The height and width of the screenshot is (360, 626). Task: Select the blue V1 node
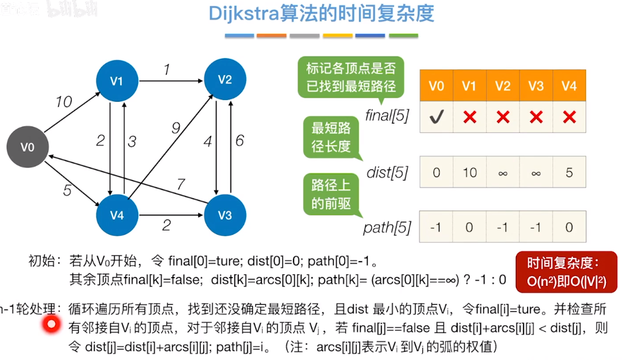click(x=116, y=81)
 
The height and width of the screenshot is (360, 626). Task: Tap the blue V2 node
click(x=225, y=79)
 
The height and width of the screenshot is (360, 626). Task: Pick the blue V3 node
click(x=225, y=215)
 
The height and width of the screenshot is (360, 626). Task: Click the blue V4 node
click(x=116, y=215)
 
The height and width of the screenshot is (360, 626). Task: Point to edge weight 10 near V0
click(x=64, y=102)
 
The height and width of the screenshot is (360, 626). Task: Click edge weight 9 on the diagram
click(x=175, y=126)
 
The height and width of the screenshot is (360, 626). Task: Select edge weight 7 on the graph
click(x=181, y=184)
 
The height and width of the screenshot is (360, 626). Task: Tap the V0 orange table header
click(x=436, y=86)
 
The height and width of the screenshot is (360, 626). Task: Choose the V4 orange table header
click(x=569, y=86)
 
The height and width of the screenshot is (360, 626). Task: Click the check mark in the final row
click(x=436, y=117)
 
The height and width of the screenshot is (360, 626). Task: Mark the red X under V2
click(x=502, y=117)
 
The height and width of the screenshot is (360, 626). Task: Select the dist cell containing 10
click(x=469, y=172)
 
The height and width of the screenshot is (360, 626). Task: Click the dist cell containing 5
click(x=569, y=172)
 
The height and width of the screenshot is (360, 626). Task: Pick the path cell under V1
click(x=469, y=228)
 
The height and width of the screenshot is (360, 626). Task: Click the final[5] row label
click(x=387, y=115)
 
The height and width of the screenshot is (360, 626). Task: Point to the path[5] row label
click(x=387, y=228)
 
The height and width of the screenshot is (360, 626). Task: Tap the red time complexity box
click(x=566, y=272)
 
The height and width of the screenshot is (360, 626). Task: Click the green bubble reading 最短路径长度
click(x=331, y=137)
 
